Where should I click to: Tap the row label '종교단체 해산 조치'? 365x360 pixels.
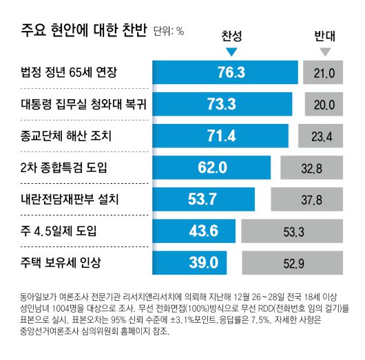67,136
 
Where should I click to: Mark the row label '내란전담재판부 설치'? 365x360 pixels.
70,199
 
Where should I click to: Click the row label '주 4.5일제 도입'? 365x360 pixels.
59,231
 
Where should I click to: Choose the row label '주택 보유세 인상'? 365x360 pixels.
61,262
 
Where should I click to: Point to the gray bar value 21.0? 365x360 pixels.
324,73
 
